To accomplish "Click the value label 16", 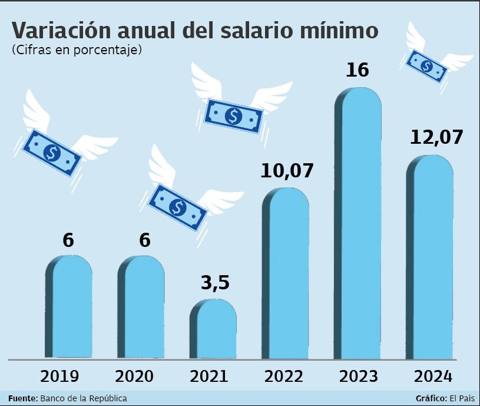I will (x=357, y=70).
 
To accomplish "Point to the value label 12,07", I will (x=435, y=137).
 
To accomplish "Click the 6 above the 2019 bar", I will (x=68, y=240).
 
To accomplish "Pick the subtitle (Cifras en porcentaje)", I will (x=77, y=51).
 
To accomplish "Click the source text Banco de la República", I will (x=84, y=398).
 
